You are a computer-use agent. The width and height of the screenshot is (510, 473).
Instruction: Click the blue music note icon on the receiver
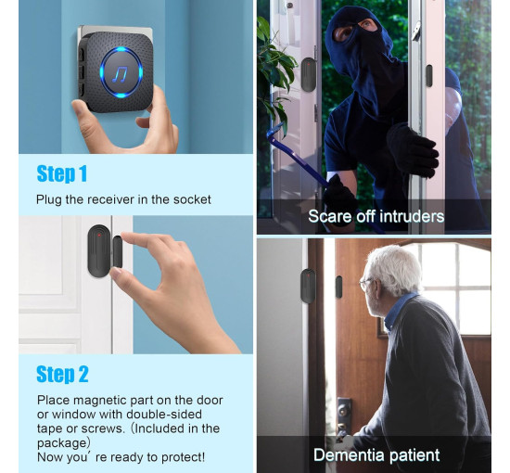point(120,74)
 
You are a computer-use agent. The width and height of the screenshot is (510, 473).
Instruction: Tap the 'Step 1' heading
point(62,173)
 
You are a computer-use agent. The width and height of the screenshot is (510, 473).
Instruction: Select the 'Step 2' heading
point(62,374)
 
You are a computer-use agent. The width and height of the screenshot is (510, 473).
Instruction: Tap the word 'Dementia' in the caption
point(348,454)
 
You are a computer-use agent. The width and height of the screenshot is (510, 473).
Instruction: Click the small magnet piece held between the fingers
point(118,252)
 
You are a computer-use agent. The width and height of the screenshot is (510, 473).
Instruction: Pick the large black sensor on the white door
point(99,250)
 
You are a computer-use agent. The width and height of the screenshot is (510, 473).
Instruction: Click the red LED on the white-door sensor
point(99,235)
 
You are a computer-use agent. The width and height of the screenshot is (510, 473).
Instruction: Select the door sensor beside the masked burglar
point(309,74)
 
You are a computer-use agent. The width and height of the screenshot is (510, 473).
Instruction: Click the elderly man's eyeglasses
point(366,284)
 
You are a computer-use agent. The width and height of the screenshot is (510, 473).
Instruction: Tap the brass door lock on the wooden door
point(343,411)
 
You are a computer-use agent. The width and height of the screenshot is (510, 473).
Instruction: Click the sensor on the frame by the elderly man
point(308,286)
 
